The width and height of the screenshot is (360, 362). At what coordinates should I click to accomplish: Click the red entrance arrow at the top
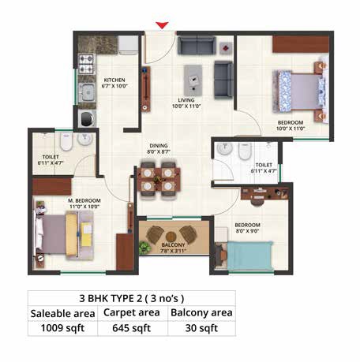[162, 25]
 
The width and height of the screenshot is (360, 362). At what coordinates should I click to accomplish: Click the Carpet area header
[132, 313]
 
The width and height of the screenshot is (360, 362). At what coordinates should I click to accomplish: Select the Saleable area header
[63, 313]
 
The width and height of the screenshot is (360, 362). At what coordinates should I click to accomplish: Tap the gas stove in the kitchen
[87, 62]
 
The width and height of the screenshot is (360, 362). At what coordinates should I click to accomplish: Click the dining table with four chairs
[158, 175]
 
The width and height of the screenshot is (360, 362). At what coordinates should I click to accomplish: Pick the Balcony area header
[201, 313]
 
